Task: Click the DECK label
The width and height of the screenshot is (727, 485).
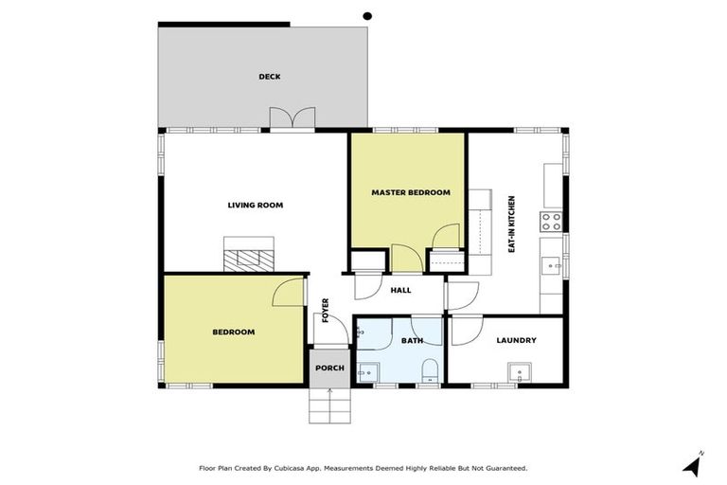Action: point(270,77)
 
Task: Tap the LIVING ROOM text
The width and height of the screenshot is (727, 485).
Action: point(256,205)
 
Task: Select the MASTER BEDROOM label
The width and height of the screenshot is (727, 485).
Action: point(410,192)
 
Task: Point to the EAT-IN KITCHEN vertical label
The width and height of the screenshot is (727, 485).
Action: point(511,224)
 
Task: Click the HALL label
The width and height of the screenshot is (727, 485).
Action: point(400,290)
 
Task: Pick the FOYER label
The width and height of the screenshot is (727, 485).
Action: point(326,310)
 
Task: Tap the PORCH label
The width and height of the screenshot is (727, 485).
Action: point(329,368)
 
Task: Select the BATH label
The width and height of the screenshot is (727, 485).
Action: point(412,340)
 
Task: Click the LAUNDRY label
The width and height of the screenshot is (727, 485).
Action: point(516,340)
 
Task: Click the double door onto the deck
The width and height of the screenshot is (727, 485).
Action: point(292,117)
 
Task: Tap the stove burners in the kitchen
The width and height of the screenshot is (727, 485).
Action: point(551,222)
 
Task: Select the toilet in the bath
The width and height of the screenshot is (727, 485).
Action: point(429,369)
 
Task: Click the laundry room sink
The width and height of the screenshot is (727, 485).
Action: point(517,372)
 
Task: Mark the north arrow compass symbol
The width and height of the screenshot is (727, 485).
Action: point(693,464)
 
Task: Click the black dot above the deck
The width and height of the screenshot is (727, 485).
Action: point(367,15)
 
